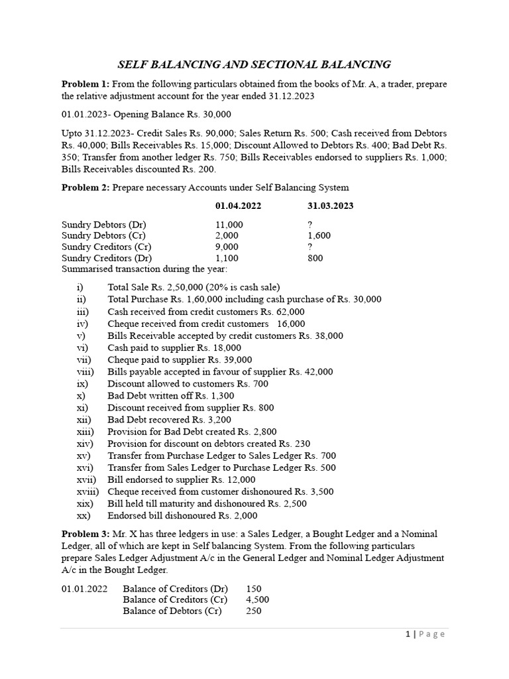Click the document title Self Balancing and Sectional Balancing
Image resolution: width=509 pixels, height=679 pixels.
point(254,64)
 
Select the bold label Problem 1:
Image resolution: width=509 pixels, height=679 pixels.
point(85,84)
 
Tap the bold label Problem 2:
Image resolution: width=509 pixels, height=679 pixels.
point(85,188)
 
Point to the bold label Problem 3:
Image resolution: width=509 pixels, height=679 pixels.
point(85,534)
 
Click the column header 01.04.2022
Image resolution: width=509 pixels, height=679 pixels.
point(238,206)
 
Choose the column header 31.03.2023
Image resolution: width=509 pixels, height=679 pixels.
point(330,206)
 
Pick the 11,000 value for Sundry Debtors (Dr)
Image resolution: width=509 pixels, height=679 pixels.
point(229,224)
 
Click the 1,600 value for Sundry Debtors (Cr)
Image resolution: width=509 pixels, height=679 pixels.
point(319,235)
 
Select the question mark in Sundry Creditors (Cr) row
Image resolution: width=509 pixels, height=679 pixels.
point(310,247)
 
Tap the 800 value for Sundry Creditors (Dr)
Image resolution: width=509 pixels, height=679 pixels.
point(315,258)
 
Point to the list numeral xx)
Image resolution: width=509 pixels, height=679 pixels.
point(84,515)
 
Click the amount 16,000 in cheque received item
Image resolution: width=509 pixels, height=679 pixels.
point(292,324)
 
